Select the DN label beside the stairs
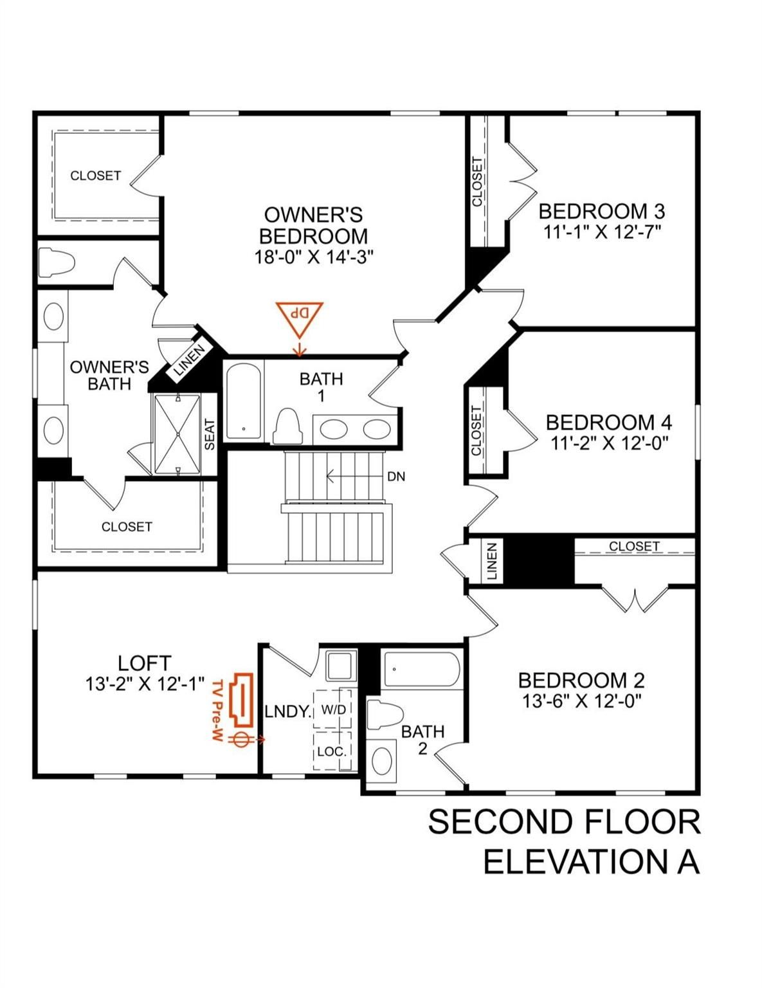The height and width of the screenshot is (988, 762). pos(395,477)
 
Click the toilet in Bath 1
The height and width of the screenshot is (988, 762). pos(287,425)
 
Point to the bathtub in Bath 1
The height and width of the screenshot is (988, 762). pos(244,401)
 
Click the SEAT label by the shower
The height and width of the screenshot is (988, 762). pos(210,434)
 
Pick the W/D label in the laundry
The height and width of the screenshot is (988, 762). pos(334,709)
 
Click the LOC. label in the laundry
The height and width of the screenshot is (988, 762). pos(332,751)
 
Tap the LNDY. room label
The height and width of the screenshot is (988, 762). pos(288,711)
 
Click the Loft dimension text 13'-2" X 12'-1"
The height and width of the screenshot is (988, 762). pos(145,684)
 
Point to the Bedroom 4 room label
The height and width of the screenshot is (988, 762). pos(609,423)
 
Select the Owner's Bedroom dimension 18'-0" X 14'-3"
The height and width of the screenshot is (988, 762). pos(314,257)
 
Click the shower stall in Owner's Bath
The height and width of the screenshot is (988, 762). pos(177,434)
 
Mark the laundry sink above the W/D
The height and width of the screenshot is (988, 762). pos(340,666)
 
